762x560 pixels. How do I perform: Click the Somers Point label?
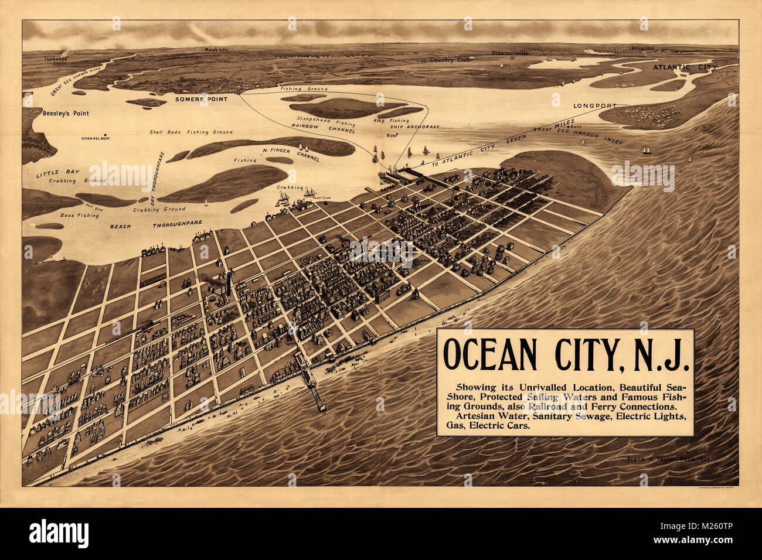[201, 99]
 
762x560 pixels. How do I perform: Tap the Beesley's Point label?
[66, 114]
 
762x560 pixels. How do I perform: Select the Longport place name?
[595, 106]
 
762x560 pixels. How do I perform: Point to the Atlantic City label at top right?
[685, 67]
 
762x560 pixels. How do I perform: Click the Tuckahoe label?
[56, 59]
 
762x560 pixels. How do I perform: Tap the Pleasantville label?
[510, 53]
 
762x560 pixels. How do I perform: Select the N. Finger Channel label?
[291, 155]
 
